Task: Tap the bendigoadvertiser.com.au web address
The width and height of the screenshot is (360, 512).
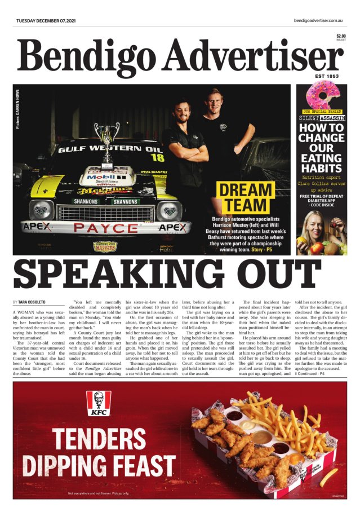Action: (318, 21)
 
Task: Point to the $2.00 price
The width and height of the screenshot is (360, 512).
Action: (341, 36)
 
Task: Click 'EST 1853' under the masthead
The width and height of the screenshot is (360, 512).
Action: (328, 76)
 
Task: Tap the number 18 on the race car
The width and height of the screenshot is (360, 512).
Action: (157, 157)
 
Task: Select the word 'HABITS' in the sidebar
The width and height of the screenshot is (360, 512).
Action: (322, 167)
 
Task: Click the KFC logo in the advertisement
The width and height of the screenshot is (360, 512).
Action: (98, 403)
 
